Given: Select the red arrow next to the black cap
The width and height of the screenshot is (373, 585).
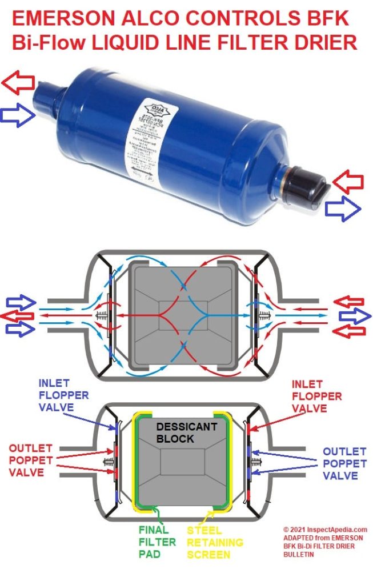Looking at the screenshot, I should [x=347, y=181].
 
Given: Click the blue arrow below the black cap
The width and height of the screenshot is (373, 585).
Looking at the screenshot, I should [x=342, y=210].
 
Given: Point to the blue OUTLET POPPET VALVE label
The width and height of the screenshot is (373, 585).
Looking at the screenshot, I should [x=343, y=463].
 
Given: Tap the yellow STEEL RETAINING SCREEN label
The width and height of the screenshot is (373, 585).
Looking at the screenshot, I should [x=215, y=542].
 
